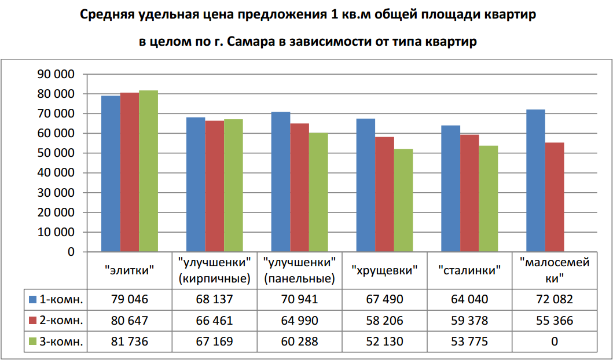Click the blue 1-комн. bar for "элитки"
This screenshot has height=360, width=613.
click(111, 174)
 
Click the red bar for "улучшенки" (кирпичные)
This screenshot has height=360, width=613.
click(214, 186)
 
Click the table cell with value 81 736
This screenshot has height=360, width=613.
click(129, 341)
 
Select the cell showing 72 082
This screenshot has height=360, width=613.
click(554, 299)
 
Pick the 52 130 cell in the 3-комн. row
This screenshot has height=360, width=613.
click(384, 341)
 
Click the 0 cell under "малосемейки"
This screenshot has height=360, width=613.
click(554, 341)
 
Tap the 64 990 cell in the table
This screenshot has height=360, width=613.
click(299, 321)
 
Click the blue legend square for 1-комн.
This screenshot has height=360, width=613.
click(34, 299)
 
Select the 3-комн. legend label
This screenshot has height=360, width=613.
click(61, 341)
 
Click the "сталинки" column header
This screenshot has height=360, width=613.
click(469, 270)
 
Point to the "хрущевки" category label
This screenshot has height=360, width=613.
click(384, 270)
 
